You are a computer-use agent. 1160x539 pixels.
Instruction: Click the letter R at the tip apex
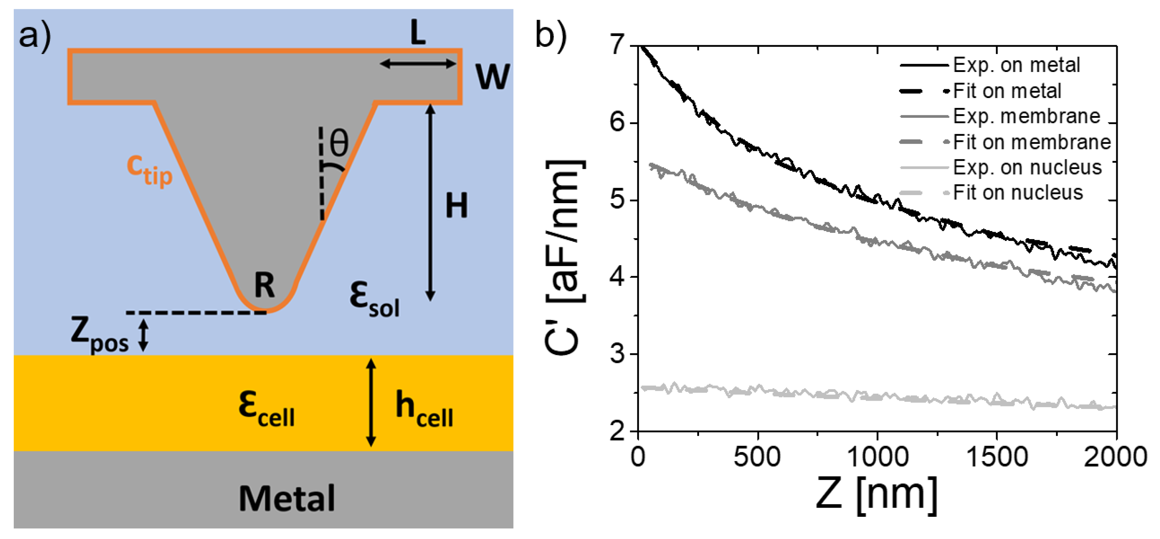pos(264,285)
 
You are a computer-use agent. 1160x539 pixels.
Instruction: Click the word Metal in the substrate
pos(286,498)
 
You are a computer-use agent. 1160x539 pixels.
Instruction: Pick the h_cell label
pos(424,409)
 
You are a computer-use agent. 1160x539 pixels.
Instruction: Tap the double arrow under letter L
pos(418,64)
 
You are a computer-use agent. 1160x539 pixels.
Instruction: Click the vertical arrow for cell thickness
pos(371,402)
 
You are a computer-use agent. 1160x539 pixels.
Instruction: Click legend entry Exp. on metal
pos(1016,65)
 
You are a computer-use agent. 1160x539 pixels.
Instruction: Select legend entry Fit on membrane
pos(1031,142)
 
